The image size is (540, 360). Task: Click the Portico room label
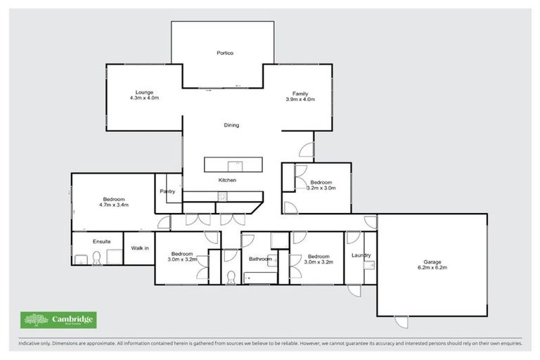tap(224, 53)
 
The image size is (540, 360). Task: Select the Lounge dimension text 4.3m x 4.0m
tap(144, 99)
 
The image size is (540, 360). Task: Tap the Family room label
tap(300, 94)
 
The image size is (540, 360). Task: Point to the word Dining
tap(231, 125)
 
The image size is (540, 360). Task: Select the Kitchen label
tap(227, 181)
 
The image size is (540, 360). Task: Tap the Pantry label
tap(167, 191)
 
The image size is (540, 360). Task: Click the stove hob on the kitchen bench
tap(223, 198)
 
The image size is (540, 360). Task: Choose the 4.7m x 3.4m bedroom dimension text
tap(114, 205)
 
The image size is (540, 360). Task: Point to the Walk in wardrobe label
tap(138, 247)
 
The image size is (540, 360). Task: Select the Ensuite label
tap(102, 241)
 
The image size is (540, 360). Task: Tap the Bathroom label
tap(259, 259)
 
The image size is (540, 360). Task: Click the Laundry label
tap(361, 255)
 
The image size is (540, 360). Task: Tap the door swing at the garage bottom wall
tap(401, 322)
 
